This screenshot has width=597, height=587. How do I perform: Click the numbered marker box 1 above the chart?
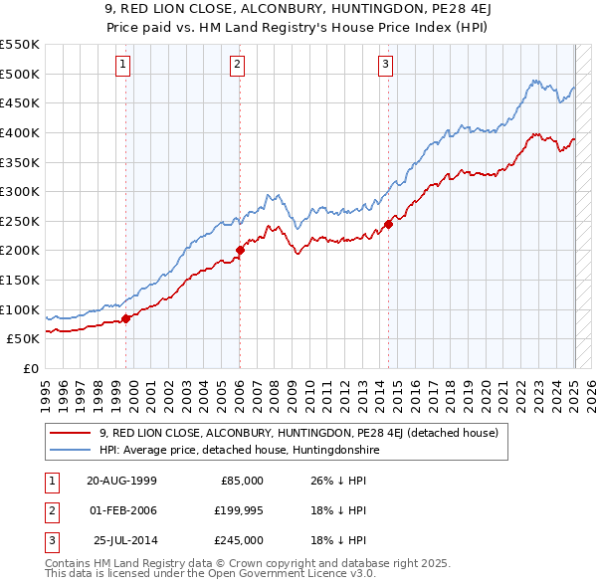point(123,65)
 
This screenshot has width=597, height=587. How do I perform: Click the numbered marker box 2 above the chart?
point(238,65)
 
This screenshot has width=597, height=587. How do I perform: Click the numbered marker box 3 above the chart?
point(385,65)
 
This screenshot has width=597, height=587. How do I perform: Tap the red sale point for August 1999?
point(126,318)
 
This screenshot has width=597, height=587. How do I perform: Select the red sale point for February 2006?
point(240,251)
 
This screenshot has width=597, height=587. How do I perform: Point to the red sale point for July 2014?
point(388,224)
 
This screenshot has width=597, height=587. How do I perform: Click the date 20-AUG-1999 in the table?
point(121,480)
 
